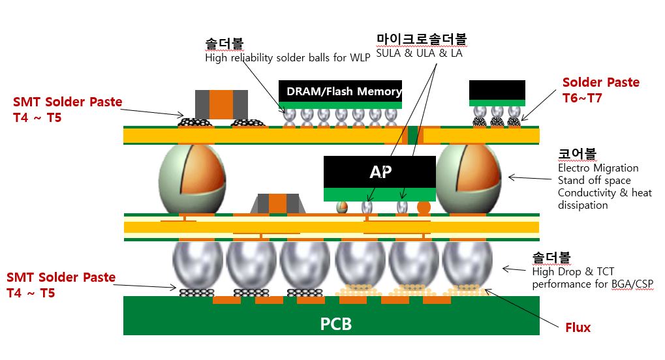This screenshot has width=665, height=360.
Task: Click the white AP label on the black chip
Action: (x=380, y=172)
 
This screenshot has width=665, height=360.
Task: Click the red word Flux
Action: (x=578, y=327)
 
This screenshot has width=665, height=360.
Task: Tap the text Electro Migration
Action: (x=598, y=168)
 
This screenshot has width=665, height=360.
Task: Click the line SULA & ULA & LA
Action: (x=419, y=53)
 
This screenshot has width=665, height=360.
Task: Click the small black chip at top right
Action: (x=497, y=91)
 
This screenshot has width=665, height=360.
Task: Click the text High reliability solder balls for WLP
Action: (x=288, y=57)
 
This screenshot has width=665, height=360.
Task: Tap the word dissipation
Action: (x=582, y=205)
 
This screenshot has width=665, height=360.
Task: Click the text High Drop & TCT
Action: (x=573, y=271)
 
